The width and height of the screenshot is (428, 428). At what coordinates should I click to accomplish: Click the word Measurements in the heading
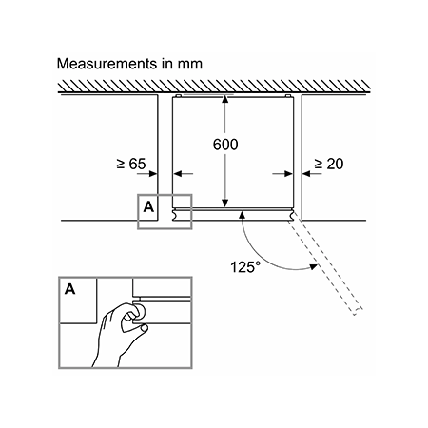pyautogui.click(x=107, y=64)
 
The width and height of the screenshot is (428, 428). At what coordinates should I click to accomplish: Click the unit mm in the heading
pyautogui.click(x=189, y=65)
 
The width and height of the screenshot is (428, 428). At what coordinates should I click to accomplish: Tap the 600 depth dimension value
pyautogui.click(x=225, y=145)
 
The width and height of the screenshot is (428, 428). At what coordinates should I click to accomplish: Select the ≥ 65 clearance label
pyautogui.click(x=131, y=164)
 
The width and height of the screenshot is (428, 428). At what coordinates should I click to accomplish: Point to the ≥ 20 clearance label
pyautogui.click(x=328, y=164)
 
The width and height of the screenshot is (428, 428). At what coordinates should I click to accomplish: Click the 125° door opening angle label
pyautogui.click(x=245, y=267)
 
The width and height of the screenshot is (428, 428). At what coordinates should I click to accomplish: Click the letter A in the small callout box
pyautogui.click(x=148, y=207)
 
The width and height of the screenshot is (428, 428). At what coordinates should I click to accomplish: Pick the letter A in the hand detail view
pyautogui.click(x=70, y=289)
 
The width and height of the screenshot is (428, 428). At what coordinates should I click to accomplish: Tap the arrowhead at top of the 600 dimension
pyautogui.click(x=225, y=99)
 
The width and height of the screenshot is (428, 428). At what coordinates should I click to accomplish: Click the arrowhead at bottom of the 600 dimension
pyautogui.click(x=225, y=203)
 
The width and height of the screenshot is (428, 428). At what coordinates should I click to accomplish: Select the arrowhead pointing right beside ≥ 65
pyautogui.click(x=153, y=174)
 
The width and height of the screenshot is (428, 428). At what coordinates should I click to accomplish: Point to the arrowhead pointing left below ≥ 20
pyautogui.click(x=306, y=174)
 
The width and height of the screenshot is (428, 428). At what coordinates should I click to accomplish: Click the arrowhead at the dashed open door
pyautogui.click(x=313, y=267)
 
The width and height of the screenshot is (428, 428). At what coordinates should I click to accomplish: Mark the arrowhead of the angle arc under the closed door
pyautogui.click(x=242, y=215)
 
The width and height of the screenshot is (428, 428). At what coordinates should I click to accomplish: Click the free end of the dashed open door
pyautogui.click(x=359, y=311)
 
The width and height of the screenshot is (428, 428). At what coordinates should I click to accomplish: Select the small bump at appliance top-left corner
pyautogui.click(x=178, y=95)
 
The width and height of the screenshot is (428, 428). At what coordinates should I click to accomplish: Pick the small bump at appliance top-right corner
pyautogui.click(x=288, y=95)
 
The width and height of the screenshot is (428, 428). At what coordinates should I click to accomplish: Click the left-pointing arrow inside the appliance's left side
pyautogui.click(x=184, y=174)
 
